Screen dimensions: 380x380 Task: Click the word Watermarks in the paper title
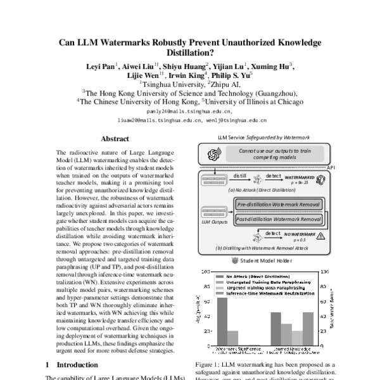tap(132, 43)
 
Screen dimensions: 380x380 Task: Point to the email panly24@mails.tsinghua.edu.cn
tap(189, 109)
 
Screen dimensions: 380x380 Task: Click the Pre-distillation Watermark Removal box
tap(278, 205)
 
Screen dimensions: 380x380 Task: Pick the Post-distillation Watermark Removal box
tap(278, 218)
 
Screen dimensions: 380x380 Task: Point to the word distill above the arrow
tap(239, 175)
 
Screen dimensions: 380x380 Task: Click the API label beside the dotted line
tap(329, 166)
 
